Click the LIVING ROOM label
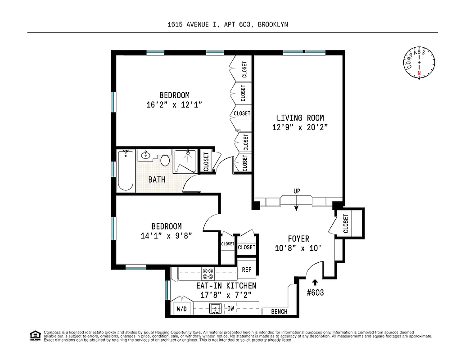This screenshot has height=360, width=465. [300, 118]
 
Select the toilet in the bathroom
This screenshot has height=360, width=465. [165, 160]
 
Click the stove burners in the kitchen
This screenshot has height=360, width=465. [208, 274]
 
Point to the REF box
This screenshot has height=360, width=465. [246, 270]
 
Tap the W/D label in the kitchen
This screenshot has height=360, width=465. [181, 309]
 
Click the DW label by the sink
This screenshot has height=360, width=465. [230, 309]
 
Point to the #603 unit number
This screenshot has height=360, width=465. [315, 292]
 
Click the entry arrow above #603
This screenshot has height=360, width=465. [315, 282]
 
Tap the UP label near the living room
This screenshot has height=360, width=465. [297, 191]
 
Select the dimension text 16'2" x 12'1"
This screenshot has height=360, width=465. [174, 104]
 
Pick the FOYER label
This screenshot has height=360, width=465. [298, 239]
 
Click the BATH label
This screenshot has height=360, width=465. [157, 180]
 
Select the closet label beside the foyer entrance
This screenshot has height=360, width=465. [346, 223]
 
